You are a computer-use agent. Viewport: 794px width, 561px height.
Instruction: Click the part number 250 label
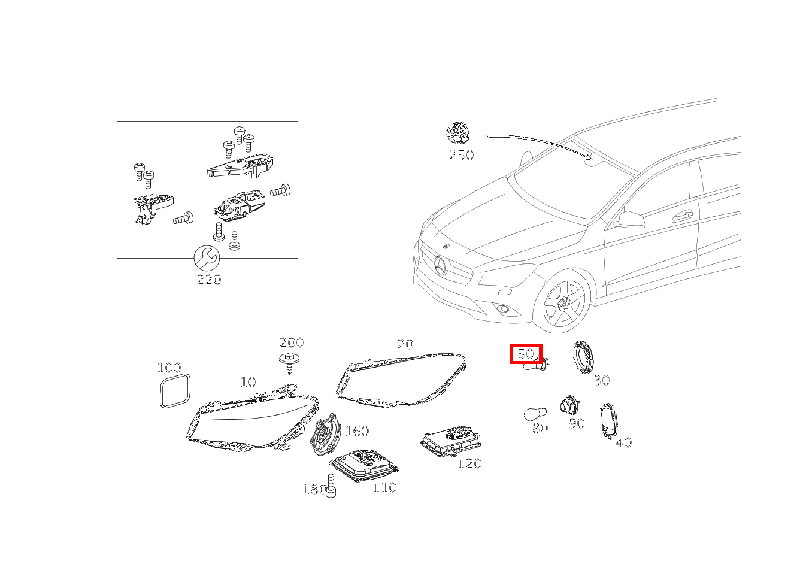pos(461,155)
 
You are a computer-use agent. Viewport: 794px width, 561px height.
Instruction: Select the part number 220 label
pos(209,280)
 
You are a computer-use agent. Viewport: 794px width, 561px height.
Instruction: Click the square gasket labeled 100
pos(175,390)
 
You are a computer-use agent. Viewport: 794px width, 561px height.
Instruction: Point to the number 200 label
pos(292,343)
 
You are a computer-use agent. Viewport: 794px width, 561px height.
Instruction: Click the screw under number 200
pos(290,362)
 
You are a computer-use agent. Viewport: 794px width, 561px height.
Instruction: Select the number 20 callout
pos(405,344)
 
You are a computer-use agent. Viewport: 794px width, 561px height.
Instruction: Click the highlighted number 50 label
pos(525,354)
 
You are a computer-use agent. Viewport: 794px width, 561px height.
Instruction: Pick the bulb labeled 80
pos(534,414)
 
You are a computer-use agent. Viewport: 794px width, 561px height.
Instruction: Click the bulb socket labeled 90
pos(568,405)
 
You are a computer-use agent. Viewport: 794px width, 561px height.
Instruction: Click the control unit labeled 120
pos(452,441)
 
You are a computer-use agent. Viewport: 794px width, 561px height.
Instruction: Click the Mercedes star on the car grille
pos(441,265)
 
